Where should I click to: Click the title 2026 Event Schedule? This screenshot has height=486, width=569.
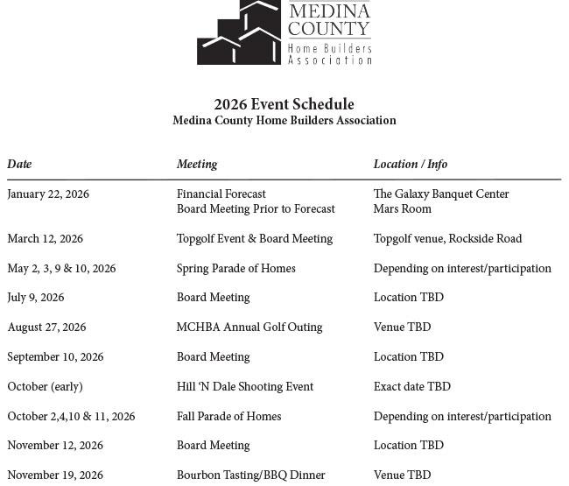click(x=284, y=104)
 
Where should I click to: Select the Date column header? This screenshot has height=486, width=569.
click(x=19, y=164)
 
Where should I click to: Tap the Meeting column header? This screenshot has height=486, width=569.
click(x=197, y=164)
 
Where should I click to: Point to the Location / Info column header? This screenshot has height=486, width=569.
click(x=410, y=164)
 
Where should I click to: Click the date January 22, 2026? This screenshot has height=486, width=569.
click(x=48, y=194)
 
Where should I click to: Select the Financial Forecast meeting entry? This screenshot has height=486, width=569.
click(x=221, y=194)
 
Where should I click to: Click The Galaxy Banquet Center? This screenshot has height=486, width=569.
click(x=440, y=194)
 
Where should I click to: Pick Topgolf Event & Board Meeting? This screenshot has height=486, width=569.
click(x=254, y=239)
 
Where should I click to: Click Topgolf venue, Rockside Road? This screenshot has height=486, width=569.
click(x=447, y=239)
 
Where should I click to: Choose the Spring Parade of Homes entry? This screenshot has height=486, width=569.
click(x=235, y=269)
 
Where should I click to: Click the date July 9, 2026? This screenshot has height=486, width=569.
click(x=36, y=298)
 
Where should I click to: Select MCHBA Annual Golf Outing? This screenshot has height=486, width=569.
click(x=249, y=328)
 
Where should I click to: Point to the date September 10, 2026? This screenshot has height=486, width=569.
click(x=55, y=357)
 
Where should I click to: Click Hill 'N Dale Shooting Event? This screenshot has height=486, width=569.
click(x=244, y=387)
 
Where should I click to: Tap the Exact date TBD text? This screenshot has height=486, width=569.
click(x=411, y=387)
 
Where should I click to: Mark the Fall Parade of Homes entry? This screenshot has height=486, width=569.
click(x=228, y=417)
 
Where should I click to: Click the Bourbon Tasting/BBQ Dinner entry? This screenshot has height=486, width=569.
click(x=250, y=475)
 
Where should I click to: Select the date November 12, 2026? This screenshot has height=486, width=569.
click(x=55, y=446)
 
